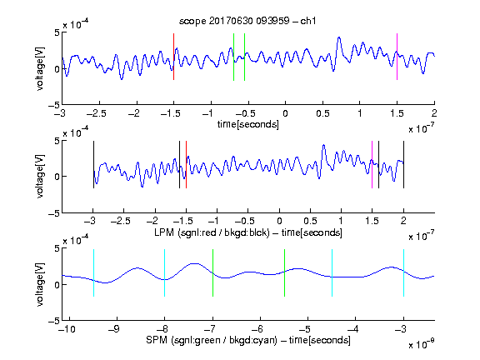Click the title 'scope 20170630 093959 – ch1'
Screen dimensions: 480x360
click(x=247, y=21)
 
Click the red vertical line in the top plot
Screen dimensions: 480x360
click(x=173, y=57)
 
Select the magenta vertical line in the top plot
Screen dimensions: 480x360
click(x=397, y=57)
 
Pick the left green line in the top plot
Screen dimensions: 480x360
click(x=233, y=57)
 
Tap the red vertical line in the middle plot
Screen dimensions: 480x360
click(x=186, y=165)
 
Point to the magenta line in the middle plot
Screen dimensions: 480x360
click(x=372, y=165)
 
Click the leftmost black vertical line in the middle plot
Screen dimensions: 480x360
click(x=93, y=165)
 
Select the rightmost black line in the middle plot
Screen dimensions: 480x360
click(x=403, y=165)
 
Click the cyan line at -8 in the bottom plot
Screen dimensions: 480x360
click(x=165, y=272)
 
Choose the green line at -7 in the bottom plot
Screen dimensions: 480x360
click(x=212, y=272)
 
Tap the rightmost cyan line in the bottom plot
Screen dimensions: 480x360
click(x=403, y=272)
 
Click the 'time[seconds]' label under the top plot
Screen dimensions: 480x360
click(x=248, y=124)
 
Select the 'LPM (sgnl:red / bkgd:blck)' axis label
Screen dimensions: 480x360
click(x=212, y=232)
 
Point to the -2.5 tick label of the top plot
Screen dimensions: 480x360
click(x=97, y=113)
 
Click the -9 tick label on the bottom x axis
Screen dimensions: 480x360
click(x=114, y=329)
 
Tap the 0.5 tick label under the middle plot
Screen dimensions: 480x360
click(x=310, y=221)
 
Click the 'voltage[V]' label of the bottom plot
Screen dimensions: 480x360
click(x=40, y=284)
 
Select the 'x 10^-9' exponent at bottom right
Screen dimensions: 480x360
click(x=421, y=344)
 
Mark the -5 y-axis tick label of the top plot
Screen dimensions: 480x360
click(x=54, y=105)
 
